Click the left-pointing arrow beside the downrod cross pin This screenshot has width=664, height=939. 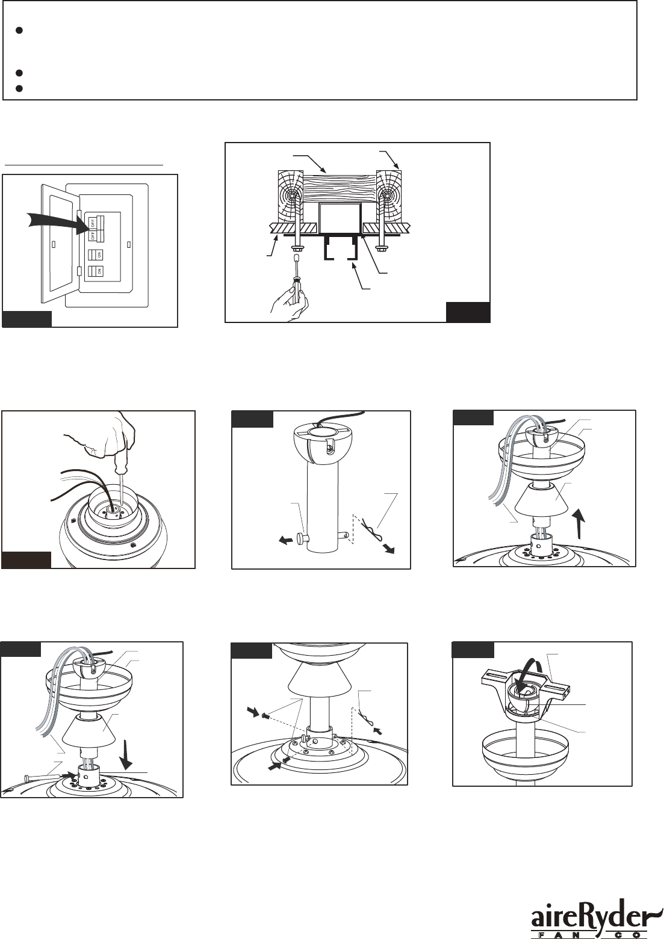click(286, 541)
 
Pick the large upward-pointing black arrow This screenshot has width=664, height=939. click(580, 523)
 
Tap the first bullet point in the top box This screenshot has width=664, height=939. click(19, 31)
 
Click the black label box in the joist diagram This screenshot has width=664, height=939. click(468, 312)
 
